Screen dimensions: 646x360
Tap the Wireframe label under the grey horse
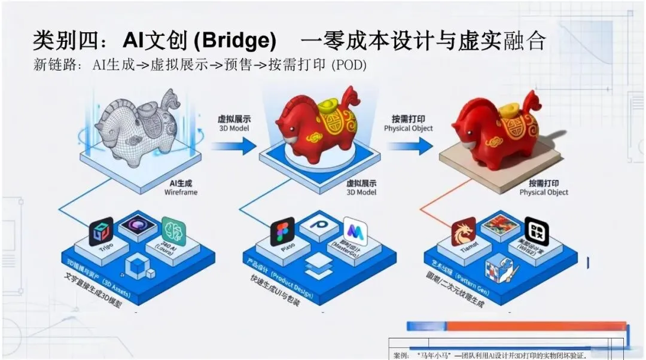coord(181,193)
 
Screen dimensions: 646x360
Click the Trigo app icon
coord(101,231)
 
